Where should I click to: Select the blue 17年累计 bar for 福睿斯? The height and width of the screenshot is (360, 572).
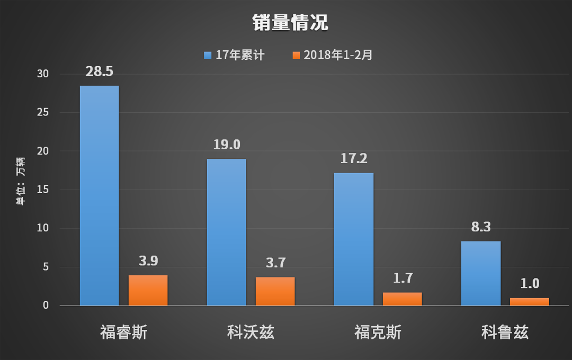tap(99, 195)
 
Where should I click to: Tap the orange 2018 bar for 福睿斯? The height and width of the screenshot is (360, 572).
tap(148, 290)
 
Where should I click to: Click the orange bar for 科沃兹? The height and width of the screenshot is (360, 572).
tap(275, 291)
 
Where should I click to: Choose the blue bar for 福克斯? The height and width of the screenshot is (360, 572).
tap(353, 239)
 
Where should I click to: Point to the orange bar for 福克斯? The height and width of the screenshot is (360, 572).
tap(402, 299)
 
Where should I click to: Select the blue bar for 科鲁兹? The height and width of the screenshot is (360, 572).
tap(480, 273)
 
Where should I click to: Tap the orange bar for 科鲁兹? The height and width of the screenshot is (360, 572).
tap(529, 301)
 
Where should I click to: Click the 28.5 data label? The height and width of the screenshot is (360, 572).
tap(100, 71)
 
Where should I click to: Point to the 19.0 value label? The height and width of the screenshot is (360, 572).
tap(227, 145)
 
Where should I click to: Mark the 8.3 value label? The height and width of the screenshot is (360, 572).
tap(480, 227)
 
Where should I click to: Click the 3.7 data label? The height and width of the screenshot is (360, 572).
tap(275, 263)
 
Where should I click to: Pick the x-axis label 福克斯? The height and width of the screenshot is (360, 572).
tap(378, 332)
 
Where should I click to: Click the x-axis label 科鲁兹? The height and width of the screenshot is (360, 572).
tap(505, 332)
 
